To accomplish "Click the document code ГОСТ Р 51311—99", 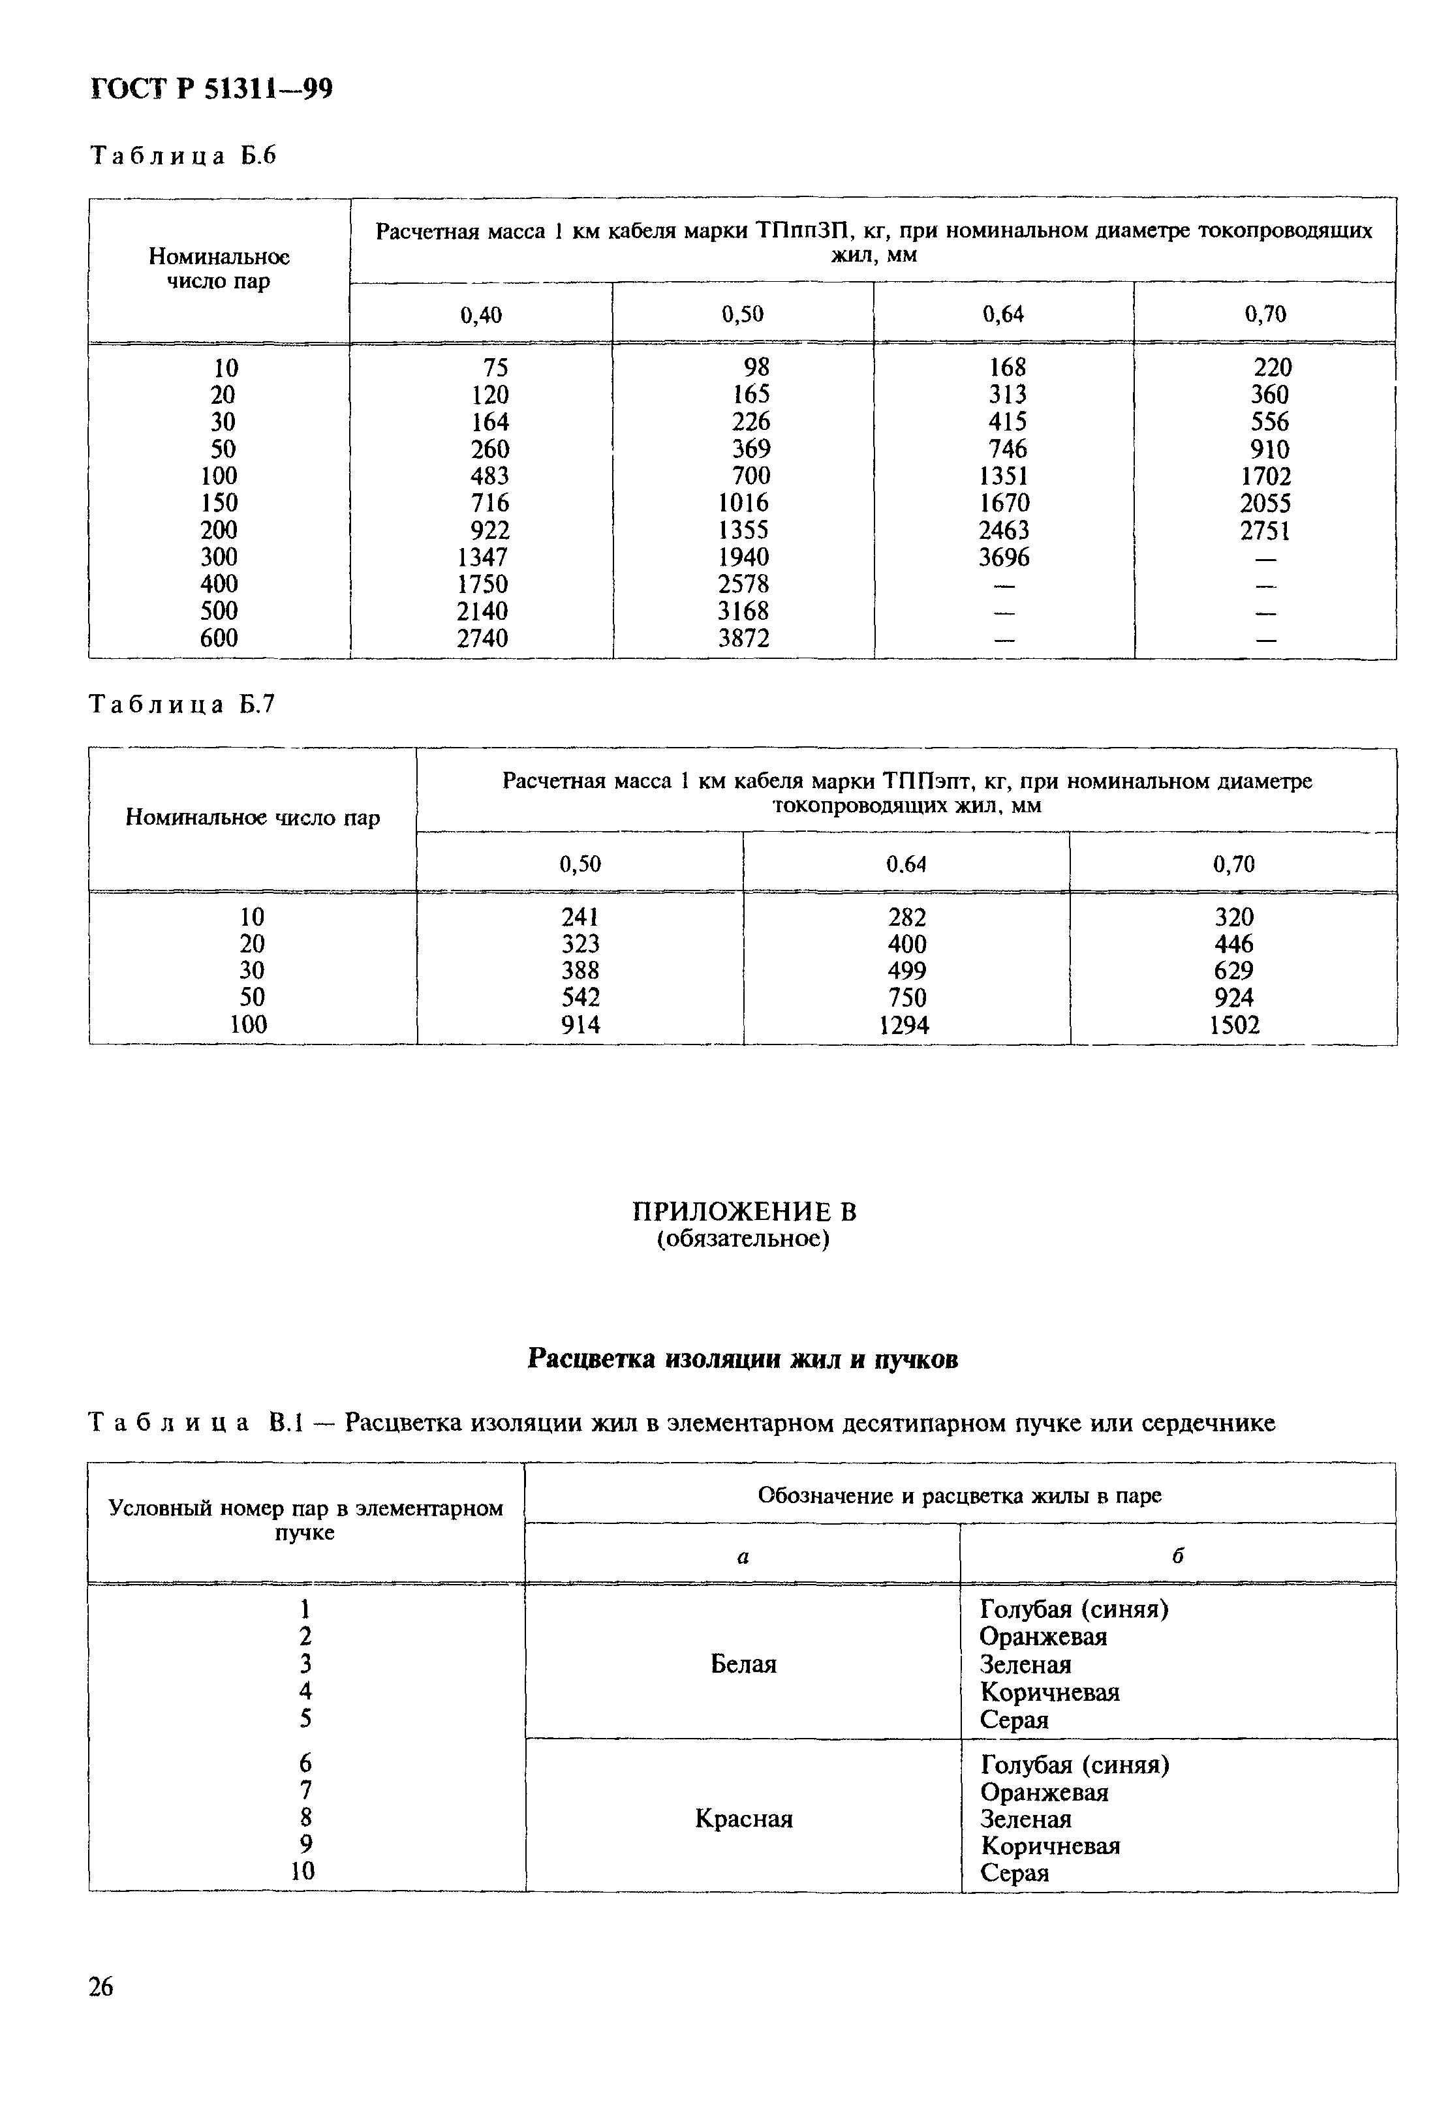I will (211, 89).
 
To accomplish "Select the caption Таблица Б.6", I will (182, 157).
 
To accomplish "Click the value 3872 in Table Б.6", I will (743, 639).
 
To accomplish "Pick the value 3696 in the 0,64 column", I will (1004, 558).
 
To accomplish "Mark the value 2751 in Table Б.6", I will (1265, 530).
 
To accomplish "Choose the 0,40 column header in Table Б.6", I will (481, 315).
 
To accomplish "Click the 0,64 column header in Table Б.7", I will (906, 864).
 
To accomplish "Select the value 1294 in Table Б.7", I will (905, 1026).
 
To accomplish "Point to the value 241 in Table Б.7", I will (580, 917).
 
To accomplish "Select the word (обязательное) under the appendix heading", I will (743, 1240).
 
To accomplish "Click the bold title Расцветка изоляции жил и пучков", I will (743, 1359).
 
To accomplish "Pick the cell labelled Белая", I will (743, 1664).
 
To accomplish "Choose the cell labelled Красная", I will (743, 1819).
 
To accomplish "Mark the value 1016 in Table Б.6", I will (743, 503).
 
